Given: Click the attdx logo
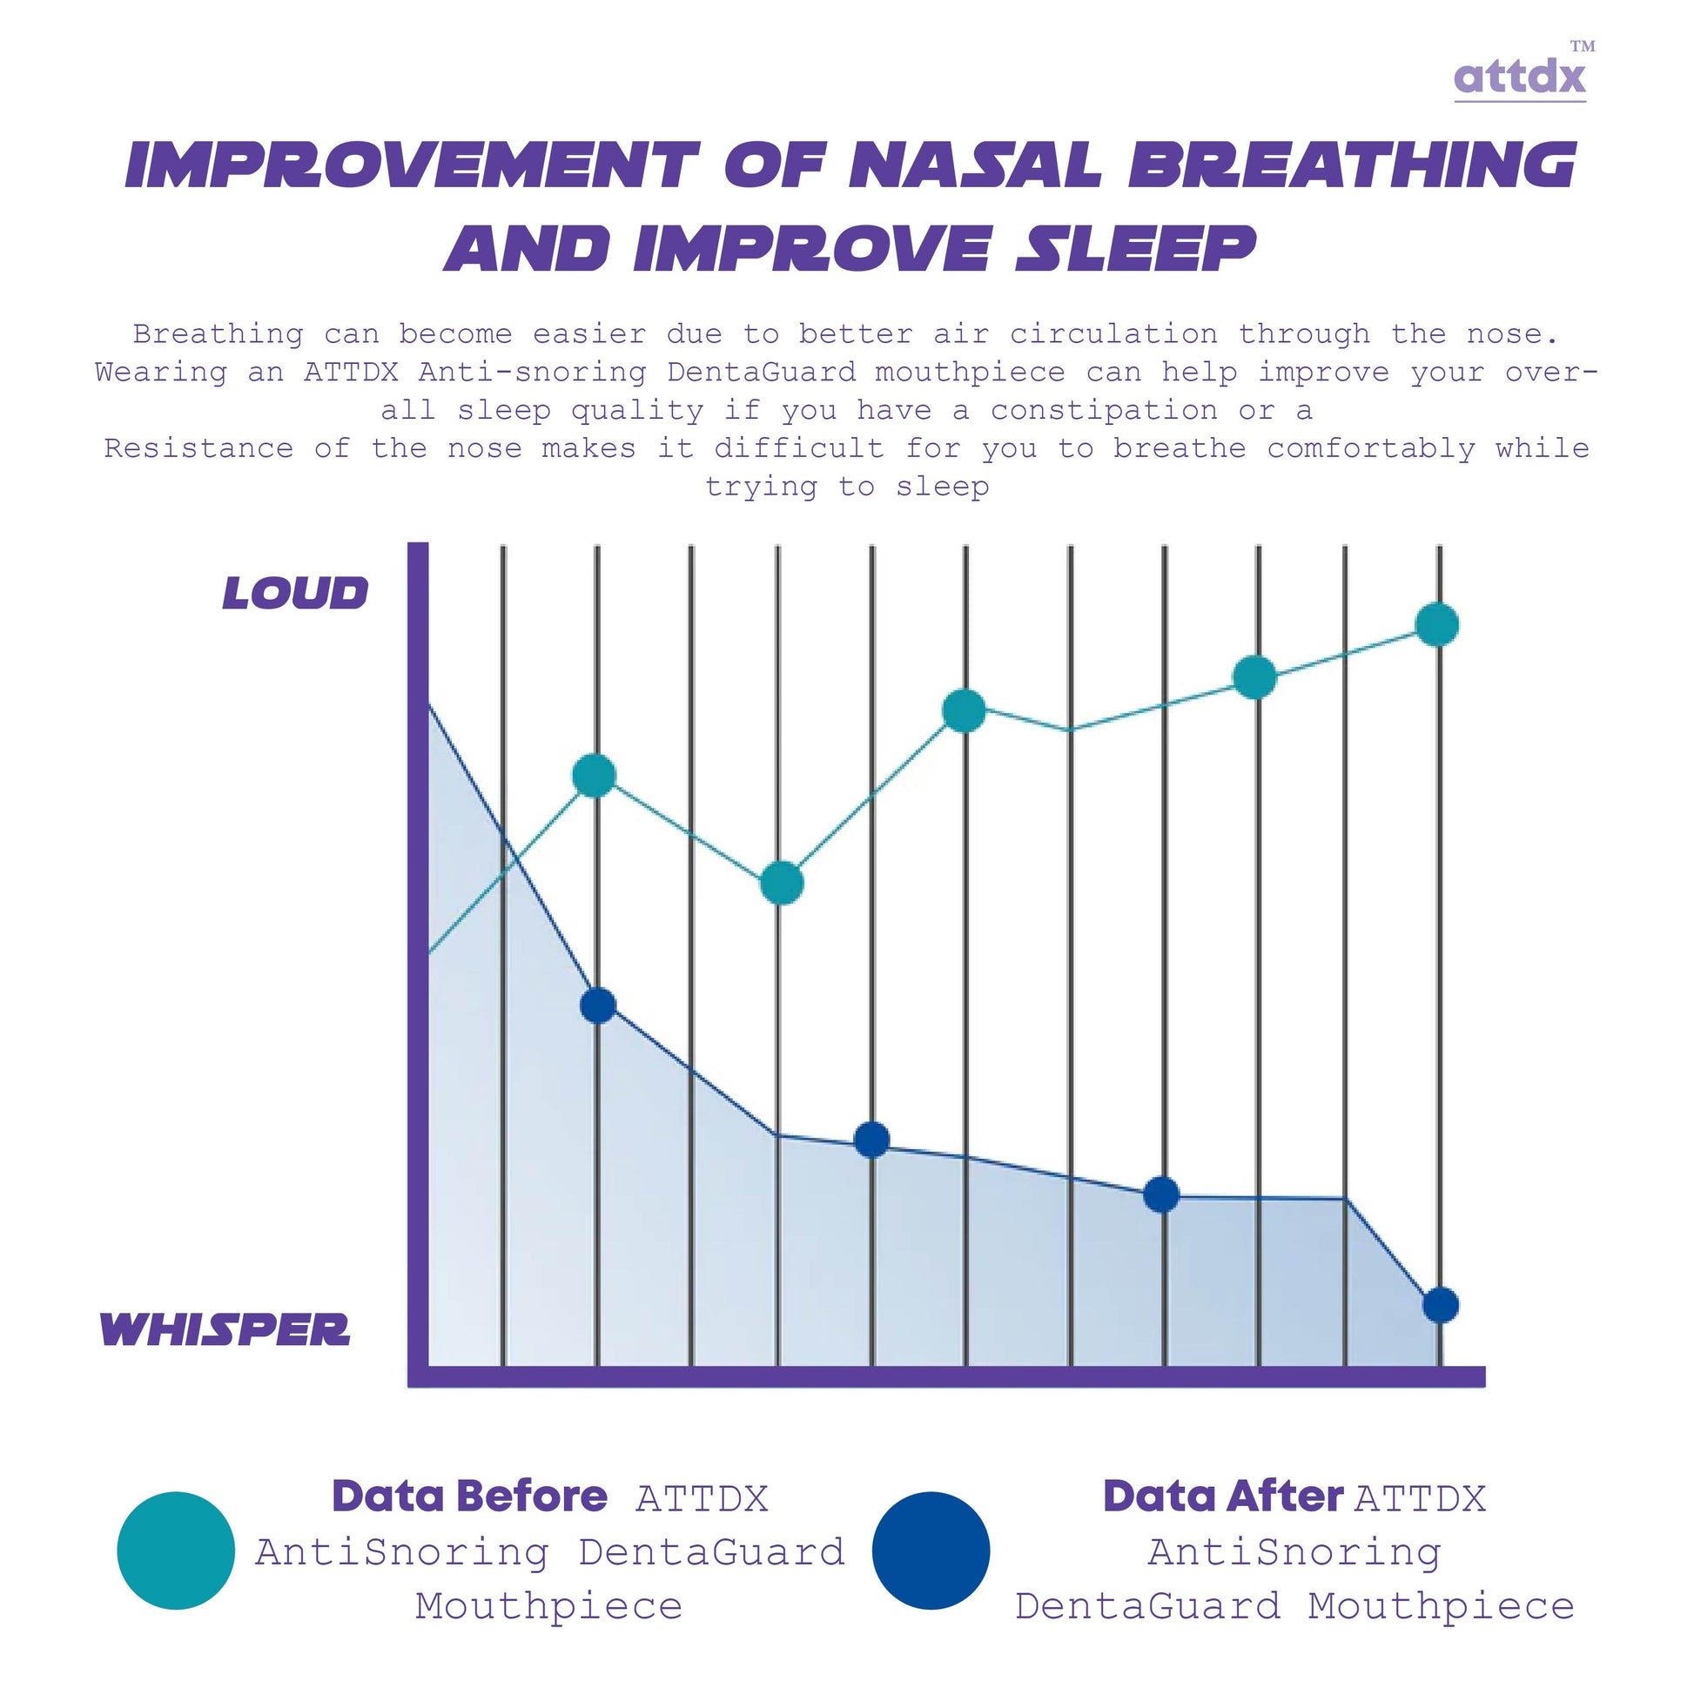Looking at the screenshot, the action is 1519,77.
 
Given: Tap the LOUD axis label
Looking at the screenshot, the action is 296,593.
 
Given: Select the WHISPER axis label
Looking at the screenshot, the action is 225,1329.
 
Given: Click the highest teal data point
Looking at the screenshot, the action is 1437,625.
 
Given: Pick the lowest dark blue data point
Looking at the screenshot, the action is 1441,1305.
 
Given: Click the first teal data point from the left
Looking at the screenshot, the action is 594,776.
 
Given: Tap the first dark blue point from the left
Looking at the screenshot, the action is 598,1005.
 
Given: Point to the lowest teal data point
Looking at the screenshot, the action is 782,883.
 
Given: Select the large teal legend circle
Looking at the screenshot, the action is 177,1550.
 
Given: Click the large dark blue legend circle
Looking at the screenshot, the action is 931,1550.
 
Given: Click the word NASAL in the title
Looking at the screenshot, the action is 976,165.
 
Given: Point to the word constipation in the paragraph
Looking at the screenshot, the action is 1105,411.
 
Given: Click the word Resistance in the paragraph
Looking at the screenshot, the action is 198,448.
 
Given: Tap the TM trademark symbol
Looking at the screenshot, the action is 1583,46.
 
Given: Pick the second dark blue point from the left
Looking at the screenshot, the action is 872,1140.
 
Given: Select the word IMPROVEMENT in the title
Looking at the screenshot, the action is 413,165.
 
